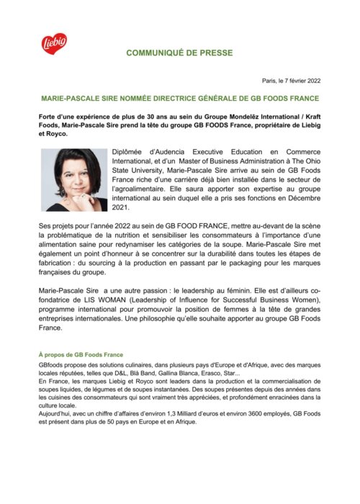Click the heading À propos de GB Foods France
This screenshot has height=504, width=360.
(x=81, y=355)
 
